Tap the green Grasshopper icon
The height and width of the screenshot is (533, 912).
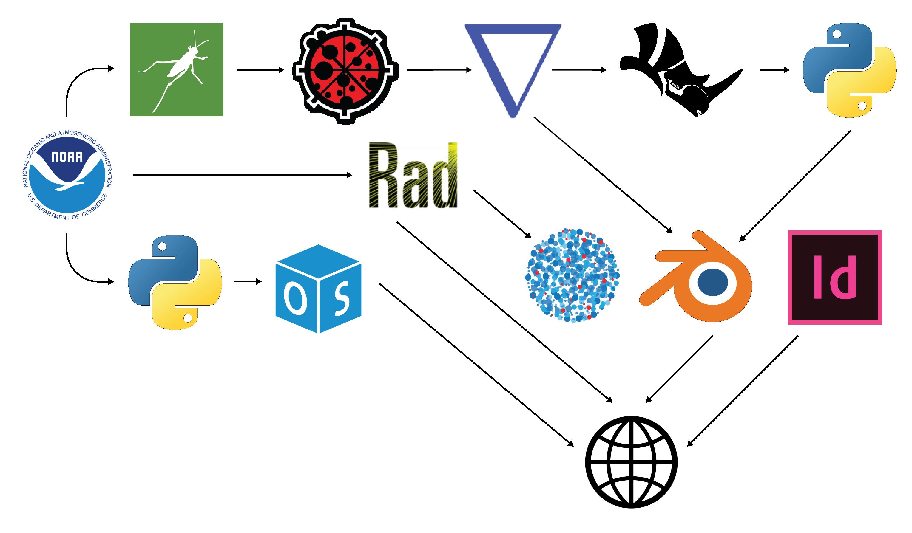point(177,70)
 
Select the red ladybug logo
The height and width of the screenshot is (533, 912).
point(346,71)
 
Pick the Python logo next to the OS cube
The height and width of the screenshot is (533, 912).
point(175,282)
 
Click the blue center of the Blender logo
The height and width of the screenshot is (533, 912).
point(712,282)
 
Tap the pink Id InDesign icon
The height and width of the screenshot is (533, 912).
point(834,277)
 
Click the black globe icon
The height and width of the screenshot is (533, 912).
point(631,462)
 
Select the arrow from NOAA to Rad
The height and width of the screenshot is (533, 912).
point(243,175)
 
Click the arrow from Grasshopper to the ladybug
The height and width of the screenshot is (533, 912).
point(260,70)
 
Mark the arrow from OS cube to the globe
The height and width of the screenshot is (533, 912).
point(476,365)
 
